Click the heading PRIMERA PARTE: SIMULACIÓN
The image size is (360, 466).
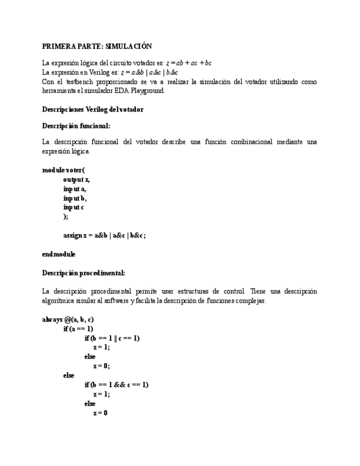(97, 47)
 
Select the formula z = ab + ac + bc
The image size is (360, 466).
(189, 63)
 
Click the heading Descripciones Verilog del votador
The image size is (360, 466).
(92, 109)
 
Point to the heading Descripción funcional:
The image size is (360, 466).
(76, 126)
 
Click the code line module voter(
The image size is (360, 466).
(64, 170)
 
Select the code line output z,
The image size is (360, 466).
(76, 179)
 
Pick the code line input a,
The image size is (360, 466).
(75, 188)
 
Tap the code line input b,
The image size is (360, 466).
(75, 198)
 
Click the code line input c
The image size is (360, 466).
(74, 207)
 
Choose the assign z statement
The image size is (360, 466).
(104, 235)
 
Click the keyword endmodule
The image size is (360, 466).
(59, 254)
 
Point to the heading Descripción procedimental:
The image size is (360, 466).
(84, 273)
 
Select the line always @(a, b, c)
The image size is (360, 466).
(68, 319)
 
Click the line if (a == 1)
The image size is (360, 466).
(78, 329)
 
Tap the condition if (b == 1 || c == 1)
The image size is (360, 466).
(112, 338)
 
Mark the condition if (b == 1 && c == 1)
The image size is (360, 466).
(116, 385)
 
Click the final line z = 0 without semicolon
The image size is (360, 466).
(100, 413)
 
